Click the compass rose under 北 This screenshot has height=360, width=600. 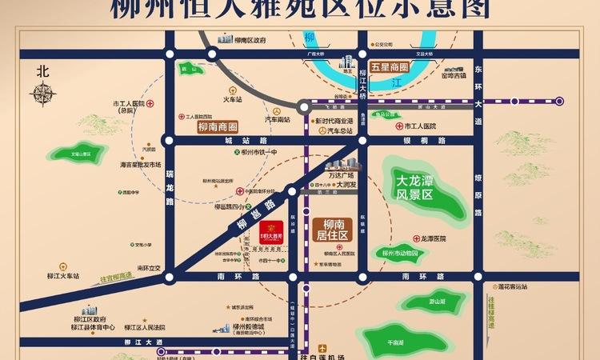tap(42, 94)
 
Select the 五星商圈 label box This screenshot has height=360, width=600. tap(390, 68)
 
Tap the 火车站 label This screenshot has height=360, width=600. tap(232, 100)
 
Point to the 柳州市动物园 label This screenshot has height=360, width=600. tap(400, 253)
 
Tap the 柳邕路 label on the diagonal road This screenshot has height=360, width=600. tap(249, 215)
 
